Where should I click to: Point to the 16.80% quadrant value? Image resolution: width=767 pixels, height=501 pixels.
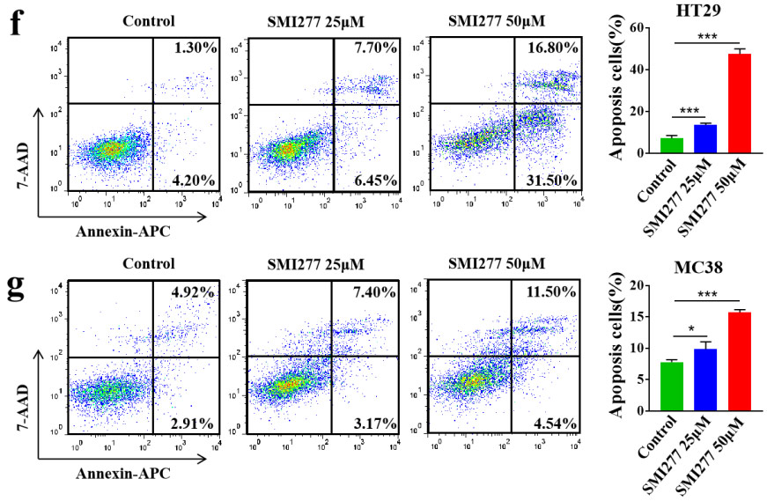pos(548,48)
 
